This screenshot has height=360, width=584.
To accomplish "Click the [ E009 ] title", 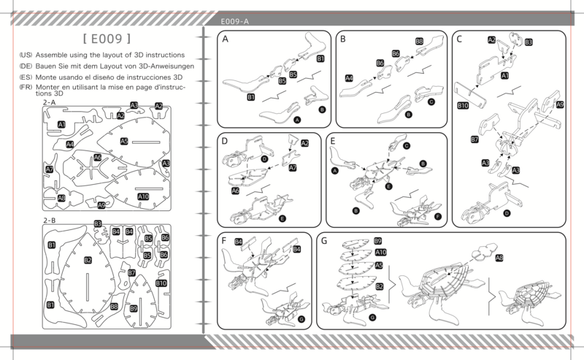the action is click(107, 39).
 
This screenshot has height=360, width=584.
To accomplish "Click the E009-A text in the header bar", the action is click(234, 22).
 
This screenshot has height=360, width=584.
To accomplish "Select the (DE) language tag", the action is click(26, 66).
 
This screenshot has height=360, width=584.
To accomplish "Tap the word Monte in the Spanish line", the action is click(46, 77).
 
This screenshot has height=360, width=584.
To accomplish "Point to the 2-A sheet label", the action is click(49, 102).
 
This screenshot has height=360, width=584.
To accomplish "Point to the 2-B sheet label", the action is click(49, 221).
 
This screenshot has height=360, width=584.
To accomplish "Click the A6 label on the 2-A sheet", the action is click(98, 157).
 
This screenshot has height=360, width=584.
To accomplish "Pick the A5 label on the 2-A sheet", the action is click(124, 141).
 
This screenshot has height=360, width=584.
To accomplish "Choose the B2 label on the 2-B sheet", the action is click(88, 260).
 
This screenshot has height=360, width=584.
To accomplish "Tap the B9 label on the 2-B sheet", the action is click(134, 309).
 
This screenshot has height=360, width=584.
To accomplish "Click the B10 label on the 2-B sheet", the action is click(161, 283).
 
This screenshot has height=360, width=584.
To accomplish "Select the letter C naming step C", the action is click(459, 39).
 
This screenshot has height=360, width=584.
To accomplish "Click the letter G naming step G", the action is click(324, 241).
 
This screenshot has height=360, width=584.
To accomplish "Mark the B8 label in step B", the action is click(419, 41).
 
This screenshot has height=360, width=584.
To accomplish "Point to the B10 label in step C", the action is click(463, 105).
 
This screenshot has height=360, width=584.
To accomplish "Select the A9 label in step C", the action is click(560, 104).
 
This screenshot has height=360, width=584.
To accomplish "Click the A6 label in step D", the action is click(235, 191).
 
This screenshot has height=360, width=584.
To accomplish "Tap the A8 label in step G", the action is click(499, 258).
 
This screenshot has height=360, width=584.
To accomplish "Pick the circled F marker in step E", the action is click(437, 217).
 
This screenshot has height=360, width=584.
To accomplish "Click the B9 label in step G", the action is click(377, 241).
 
